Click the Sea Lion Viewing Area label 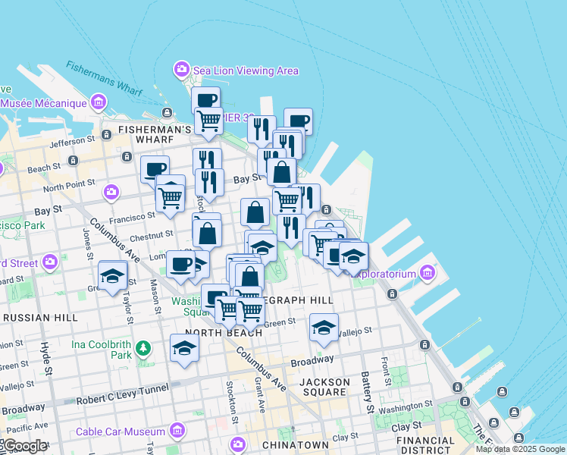[x=245, y=71]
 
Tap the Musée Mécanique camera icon [x=98, y=102]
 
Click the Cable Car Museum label [x=121, y=431]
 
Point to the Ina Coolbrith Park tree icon [x=143, y=349]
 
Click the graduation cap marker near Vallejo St [x=324, y=327]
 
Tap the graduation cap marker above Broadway [x=184, y=347]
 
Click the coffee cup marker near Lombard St [x=180, y=264]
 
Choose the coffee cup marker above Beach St [x=155, y=168]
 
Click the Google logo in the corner [x=25, y=446]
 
